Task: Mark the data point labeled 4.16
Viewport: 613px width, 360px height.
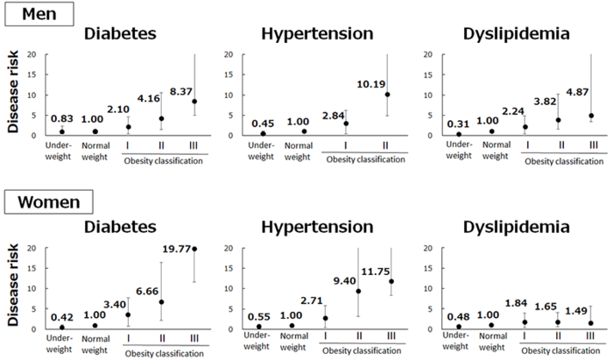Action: [160, 118]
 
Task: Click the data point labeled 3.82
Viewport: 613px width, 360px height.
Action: [560, 120]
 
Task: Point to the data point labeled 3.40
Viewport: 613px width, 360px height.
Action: [128, 314]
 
